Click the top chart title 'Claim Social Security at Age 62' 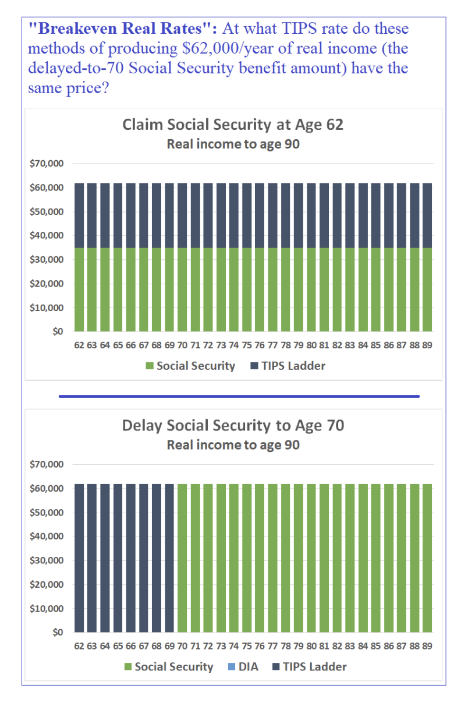(233, 125)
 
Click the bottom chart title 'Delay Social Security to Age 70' (233, 425)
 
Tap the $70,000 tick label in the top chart (47, 163)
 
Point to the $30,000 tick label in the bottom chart (47, 560)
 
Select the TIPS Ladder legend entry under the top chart (288, 366)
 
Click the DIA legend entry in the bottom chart (243, 667)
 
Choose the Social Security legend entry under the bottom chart (169, 667)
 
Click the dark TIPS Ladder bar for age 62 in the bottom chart (79, 558)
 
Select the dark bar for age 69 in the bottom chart (169, 558)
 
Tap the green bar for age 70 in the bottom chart (182, 558)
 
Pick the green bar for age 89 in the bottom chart (427, 558)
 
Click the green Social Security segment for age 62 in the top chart (79, 290)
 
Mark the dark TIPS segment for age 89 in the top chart (427, 216)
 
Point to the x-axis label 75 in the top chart (247, 345)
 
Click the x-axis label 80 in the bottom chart (311, 647)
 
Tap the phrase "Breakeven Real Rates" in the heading (123, 29)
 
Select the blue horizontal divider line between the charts (239, 397)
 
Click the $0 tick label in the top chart (58, 331)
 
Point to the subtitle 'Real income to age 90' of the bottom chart (233, 445)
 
